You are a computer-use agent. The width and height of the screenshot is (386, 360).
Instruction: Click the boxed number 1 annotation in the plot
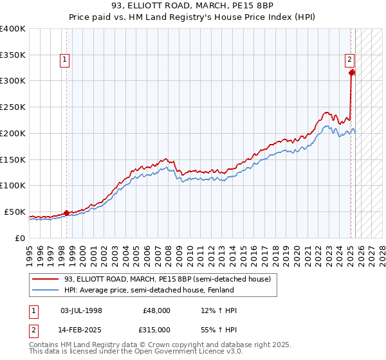(x=65, y=60)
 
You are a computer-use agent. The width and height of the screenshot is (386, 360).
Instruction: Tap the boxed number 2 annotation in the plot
(x=349, y=60)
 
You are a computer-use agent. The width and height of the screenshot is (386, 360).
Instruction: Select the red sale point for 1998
(x=66, y=213)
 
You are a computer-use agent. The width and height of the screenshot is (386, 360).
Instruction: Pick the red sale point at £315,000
(x=352, y=73)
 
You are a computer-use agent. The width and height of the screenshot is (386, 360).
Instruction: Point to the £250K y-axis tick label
(x=13, y=107)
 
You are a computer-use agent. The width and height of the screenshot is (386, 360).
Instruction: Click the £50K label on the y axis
(x=15, y=212)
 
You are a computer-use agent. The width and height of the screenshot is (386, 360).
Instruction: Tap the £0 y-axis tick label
(x=19, y=238)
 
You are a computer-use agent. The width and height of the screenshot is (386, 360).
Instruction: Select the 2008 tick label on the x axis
(x=170, y=251)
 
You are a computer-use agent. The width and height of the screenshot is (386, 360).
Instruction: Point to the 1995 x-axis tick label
(x=30, y=251)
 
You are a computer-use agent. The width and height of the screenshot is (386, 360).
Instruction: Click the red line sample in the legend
(x=46, y=279)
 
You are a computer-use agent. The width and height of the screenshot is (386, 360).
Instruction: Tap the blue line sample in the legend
(x=46, y=290)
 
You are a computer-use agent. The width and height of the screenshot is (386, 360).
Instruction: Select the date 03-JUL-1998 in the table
(x=81, y=310)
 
